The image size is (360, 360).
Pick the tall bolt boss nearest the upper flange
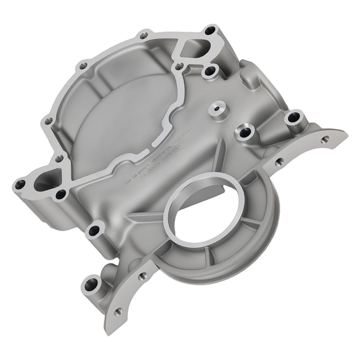[x=293, y=119]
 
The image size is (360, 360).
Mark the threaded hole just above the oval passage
[x=59, y=158]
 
